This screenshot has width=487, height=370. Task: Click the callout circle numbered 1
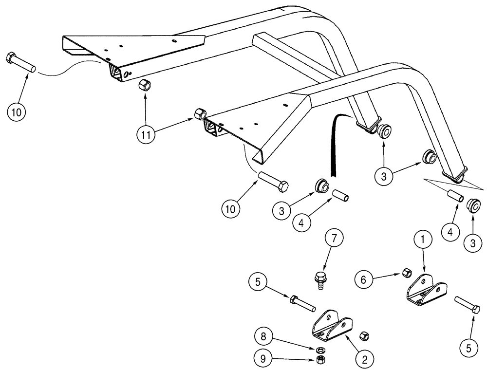[423, 240]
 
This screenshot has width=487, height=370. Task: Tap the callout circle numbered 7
[335, 240]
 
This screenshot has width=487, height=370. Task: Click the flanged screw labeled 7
[319, 280]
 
